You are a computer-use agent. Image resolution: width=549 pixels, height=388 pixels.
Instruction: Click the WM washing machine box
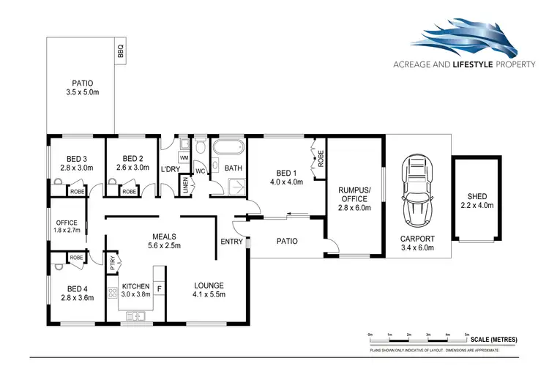tap(184, 157)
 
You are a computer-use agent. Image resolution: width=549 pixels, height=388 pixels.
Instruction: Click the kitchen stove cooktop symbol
tap(113, 296)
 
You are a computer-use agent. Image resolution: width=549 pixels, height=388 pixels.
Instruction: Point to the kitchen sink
tap(136, 316)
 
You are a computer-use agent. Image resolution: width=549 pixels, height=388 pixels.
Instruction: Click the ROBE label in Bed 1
tap(320, 157)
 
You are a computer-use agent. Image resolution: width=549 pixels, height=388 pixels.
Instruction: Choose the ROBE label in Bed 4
tap(75, 258)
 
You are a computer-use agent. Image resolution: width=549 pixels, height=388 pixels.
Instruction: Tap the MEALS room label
tap(163, 236)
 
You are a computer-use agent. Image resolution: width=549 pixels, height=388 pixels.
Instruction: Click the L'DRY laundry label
tap(170, 170)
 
